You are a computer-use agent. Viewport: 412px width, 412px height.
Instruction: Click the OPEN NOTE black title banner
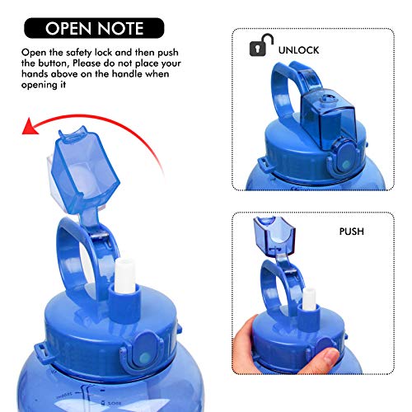point(94,28)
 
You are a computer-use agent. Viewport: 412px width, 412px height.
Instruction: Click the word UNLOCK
point(298,50)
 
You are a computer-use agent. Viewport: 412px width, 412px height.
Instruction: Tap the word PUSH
point(352,232)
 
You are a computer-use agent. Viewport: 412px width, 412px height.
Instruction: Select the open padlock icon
point(261,45)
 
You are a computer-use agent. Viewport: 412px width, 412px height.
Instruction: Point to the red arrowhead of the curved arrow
point(30,126)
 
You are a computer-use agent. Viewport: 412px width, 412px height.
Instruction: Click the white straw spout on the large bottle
point(125,275)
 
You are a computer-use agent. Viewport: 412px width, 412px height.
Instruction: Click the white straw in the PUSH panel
point(309,299)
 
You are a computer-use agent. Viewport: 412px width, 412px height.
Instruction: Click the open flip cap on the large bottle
point(84,171)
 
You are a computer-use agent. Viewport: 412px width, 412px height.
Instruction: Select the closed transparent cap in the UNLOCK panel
point(327,118)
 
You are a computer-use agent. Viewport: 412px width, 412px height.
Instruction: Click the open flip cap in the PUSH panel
point(274,236)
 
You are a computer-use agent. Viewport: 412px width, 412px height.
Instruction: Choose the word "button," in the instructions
point(54,63)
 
